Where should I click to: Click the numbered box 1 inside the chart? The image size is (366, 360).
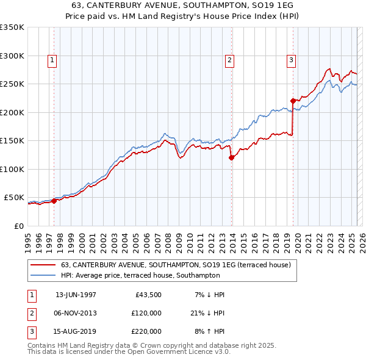pos(52,60)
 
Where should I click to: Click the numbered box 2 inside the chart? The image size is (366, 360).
pos(229,60)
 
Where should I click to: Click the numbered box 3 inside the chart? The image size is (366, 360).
pos(291,60)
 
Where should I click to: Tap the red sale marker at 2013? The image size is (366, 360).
pos(232,157)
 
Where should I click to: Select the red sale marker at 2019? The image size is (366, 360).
pos(293,101)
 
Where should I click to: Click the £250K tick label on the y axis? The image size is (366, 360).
pos(12,84)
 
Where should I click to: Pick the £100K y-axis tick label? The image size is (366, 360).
pos(12,169)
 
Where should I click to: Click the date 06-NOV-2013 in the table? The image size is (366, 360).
pos(76,313)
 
